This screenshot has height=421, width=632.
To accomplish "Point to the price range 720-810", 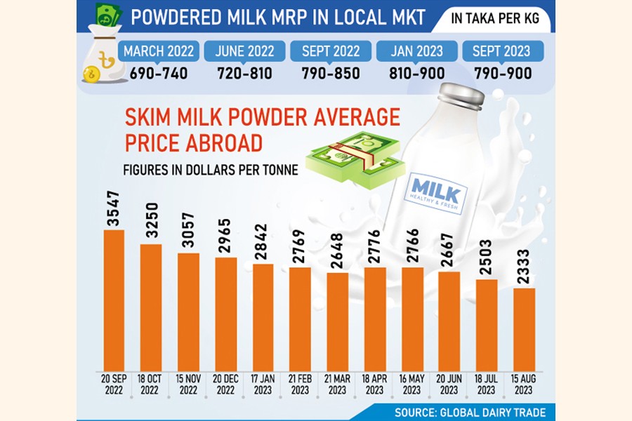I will click(244, 73).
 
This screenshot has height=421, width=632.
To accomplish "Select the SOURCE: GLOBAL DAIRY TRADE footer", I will click(469, 411).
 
